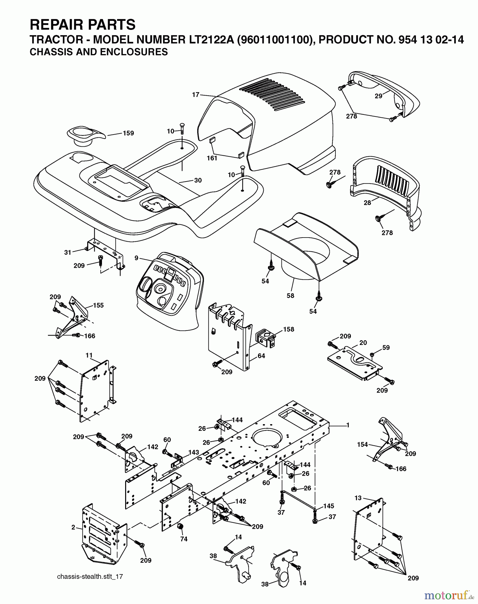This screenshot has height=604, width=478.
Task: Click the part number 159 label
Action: coord(128,133)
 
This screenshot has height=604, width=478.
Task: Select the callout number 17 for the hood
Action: coord(196,95)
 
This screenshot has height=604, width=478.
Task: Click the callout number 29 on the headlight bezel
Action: coord(378,96)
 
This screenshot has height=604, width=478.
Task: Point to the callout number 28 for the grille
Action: coord(367,203)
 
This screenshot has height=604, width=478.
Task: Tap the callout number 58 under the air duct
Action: coord(290,296)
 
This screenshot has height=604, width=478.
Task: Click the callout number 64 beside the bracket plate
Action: coord(261,356)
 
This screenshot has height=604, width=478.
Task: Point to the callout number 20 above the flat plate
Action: coord(363,343)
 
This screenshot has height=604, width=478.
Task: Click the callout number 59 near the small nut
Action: coord(386,348)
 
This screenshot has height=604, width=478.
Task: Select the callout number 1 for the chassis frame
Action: coord(348,425)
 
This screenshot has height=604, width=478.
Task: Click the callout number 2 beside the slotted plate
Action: coord(73,527)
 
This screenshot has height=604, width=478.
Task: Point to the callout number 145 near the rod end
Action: coord(329,506)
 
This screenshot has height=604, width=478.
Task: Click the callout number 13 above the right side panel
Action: coord(359,499)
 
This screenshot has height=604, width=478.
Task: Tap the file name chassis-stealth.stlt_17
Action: coord(90,576)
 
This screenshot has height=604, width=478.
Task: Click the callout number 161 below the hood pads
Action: coord(212,158)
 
